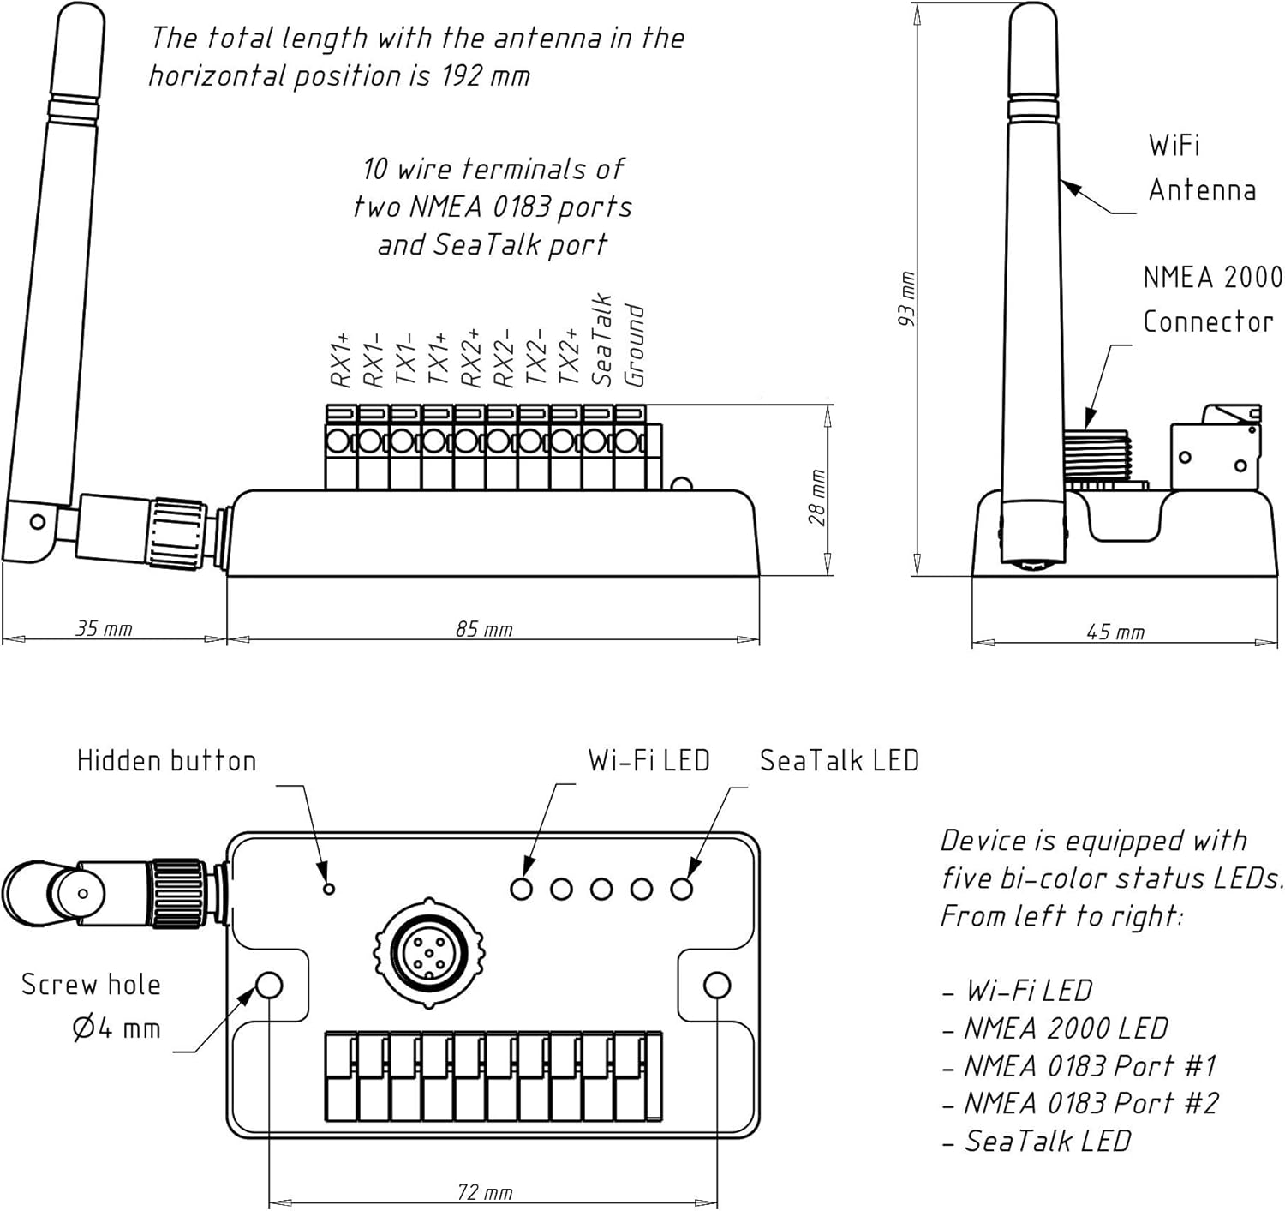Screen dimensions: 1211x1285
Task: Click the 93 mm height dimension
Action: coord(907,298)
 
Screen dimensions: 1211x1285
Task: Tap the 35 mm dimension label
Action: coord(104,628)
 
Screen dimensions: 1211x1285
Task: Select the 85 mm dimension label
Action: coord(484,629)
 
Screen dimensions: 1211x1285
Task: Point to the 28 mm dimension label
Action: coord(818,497)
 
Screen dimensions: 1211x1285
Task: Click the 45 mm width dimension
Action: coord(1115,632)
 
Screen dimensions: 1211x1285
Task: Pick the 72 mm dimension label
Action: coord(484,1192)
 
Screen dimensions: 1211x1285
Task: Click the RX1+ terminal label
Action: coord(341,361)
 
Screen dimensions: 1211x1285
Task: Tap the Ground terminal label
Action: coord(634,345)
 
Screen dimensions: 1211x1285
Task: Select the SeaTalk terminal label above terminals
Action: coord(602,340)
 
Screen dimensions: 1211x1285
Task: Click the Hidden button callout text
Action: coord(166,761)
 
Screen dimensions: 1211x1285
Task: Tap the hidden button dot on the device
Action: coord(329,889)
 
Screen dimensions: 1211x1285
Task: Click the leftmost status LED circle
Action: coord(521,889)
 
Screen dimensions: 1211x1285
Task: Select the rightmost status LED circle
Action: coord(682,889)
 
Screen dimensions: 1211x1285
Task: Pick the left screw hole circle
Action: coord(269,986)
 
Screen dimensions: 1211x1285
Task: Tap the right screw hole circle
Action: coord(717,986)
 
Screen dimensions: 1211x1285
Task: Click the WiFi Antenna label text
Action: coord(1201,167)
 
